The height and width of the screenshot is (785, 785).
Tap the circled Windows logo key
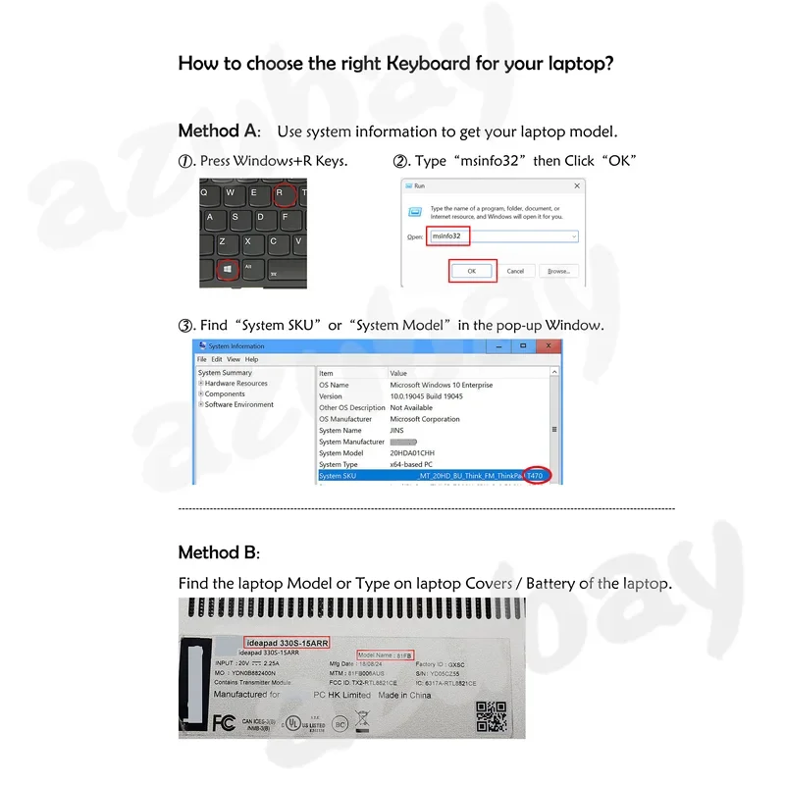point(227,267)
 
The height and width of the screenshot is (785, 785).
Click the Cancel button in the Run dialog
point(515,271)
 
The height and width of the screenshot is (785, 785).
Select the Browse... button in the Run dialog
point(558,271)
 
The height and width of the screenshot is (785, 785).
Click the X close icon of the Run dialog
point(578,184)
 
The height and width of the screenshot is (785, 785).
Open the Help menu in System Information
point(252,360)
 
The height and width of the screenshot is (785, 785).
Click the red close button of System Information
point(549,345)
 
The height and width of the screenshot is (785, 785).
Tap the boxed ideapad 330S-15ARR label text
point(285,643)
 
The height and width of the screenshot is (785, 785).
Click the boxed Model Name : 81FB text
point(387,654)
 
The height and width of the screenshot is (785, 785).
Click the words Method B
point(219,552)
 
